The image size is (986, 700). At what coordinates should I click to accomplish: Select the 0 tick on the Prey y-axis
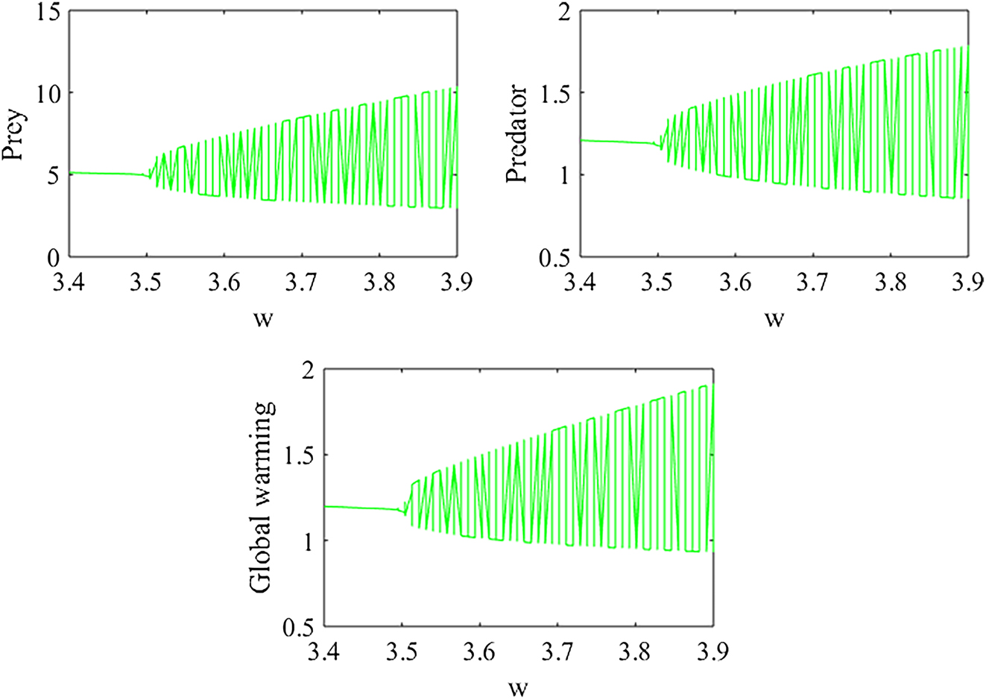click(51, 257)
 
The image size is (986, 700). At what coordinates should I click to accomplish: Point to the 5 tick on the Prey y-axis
click(51, 176)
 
